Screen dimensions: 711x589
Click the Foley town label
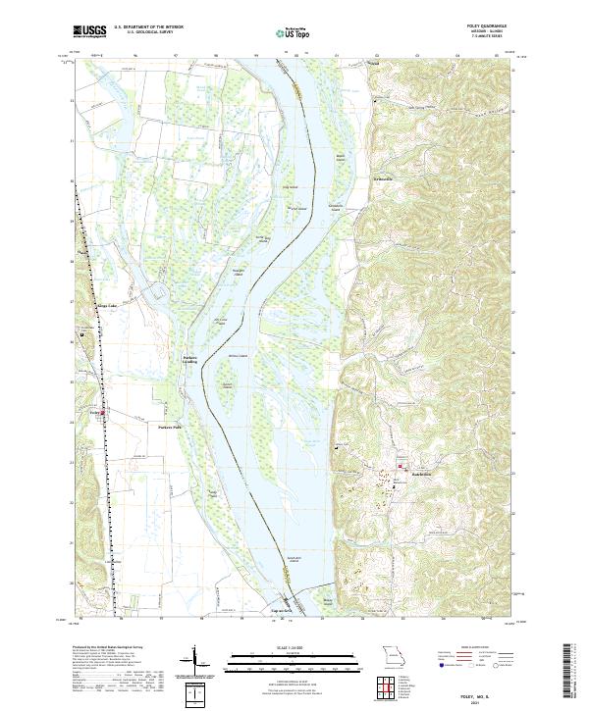[x=95, y=412]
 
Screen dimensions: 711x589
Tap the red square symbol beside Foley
[x=105, y=413]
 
